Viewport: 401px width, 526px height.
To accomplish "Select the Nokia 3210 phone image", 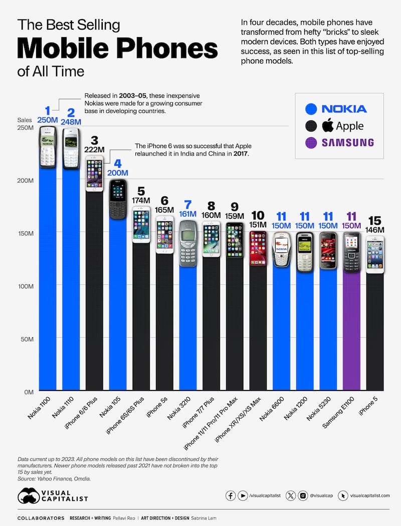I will point(187,243).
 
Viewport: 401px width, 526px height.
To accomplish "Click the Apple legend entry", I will point(336,125).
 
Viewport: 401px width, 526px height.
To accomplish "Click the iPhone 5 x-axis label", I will point(373,406).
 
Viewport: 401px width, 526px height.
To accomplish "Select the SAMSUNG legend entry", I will point(336,143).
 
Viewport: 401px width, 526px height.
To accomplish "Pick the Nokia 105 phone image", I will point(117,199).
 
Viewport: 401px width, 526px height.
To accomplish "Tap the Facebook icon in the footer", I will point(231,495).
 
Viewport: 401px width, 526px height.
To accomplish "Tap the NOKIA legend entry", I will point(336,108).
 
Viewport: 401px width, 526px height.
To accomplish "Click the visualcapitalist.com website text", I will point(370,495).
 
